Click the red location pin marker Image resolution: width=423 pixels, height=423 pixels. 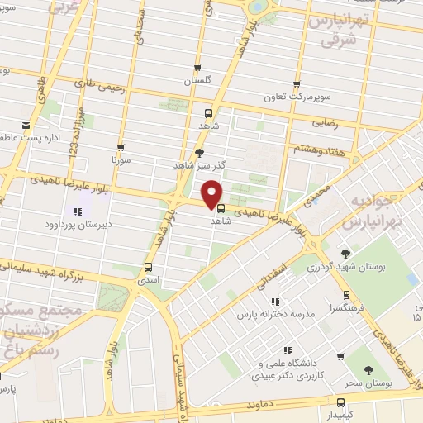click(x=213, y=193)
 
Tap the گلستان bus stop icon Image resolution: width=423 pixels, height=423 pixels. click(x=197, y=68)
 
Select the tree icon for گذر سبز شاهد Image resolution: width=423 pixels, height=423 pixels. click(x=198, y=152)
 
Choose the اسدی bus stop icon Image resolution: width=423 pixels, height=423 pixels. click(x=148, y=267)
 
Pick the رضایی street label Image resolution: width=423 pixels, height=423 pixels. click(x=325, y=121)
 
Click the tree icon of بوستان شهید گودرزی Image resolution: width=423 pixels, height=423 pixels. click(x=345, y=253)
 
